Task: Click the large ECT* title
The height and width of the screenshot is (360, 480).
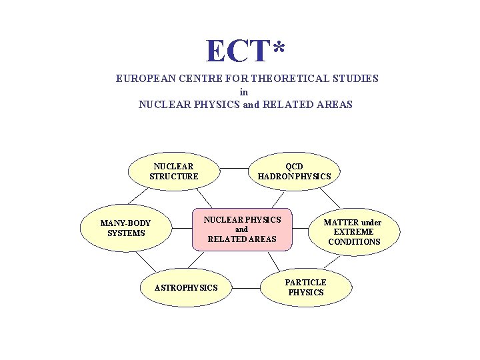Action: [245, 51]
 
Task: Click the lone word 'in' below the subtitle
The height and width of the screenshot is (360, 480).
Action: [244, 92]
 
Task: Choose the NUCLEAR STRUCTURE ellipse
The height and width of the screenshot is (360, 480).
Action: [173, 171]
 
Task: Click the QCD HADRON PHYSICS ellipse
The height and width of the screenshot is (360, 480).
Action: [294, 171]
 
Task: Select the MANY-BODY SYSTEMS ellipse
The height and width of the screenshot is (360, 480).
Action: [127, 228]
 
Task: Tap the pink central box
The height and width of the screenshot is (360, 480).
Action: [242, 229]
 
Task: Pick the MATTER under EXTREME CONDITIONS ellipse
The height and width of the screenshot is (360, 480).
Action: [354, 231]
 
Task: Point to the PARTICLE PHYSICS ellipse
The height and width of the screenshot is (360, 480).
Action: [306, 287]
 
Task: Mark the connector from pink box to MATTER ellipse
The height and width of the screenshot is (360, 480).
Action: [301, 229]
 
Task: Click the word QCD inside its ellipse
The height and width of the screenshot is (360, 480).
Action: [294, 166]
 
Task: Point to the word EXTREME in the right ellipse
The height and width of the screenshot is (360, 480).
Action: [354, 232]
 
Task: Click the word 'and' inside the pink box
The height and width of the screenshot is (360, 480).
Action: [241, 229]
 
